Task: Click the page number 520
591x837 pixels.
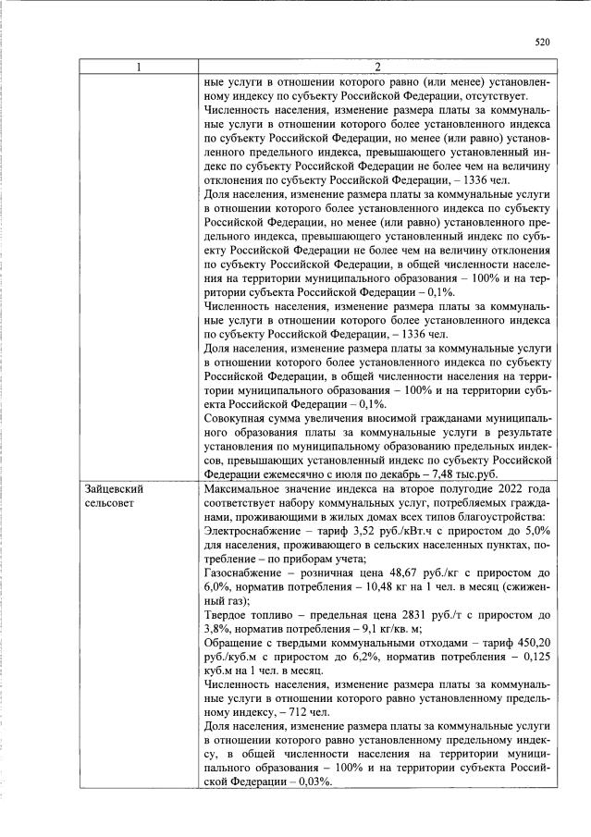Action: click(x=543, y=42)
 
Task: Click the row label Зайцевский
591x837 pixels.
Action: click(x=115, y=487)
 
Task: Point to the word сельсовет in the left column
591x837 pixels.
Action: click(x=110, y=502)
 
